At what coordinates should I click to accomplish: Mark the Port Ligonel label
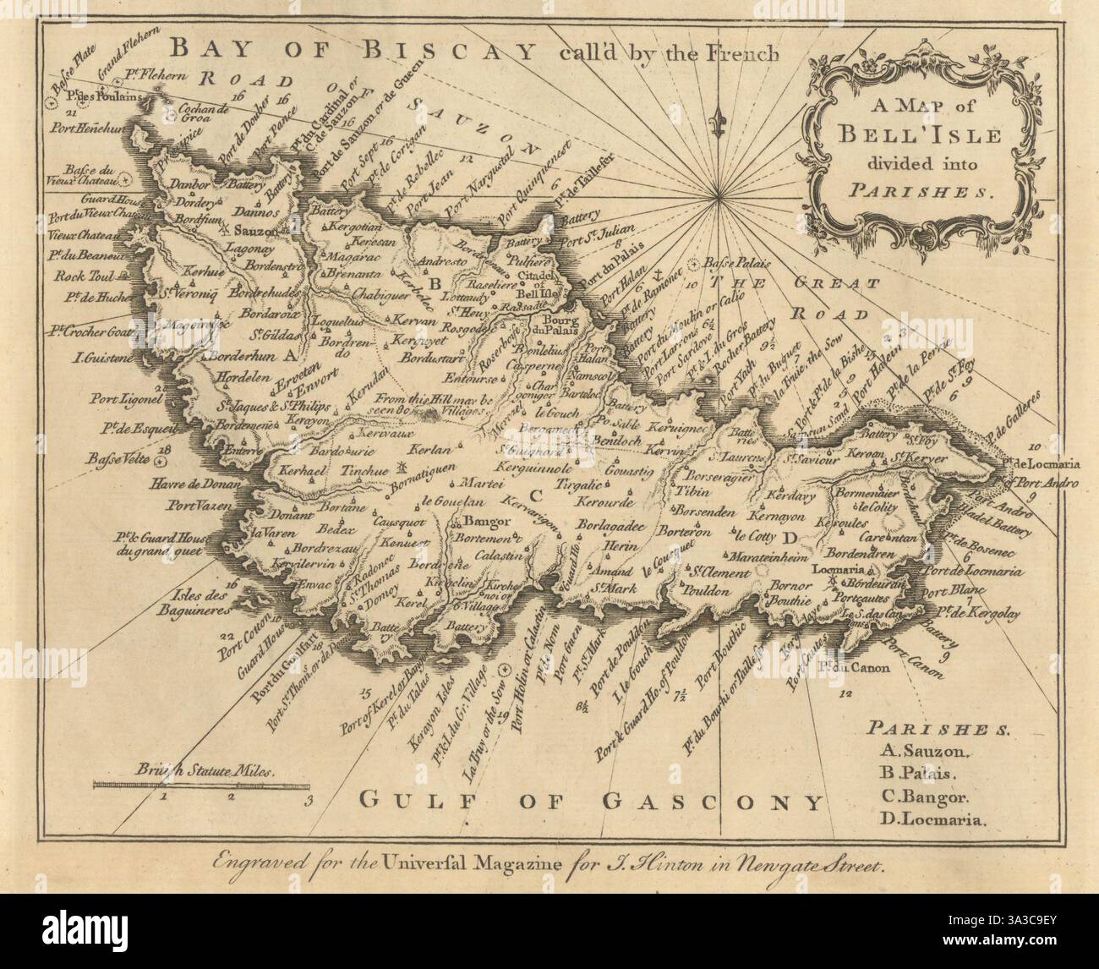tap(127, 397)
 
